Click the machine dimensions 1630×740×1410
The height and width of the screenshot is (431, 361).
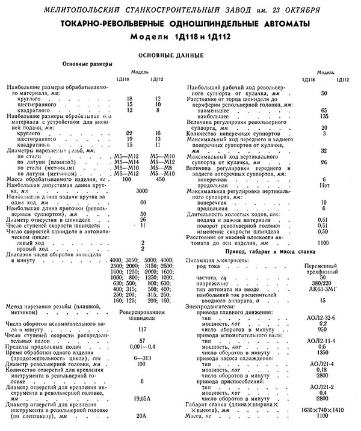(324, 410)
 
